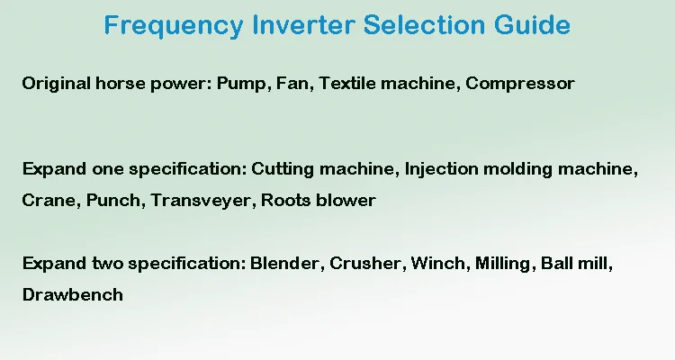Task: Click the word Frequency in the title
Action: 174,26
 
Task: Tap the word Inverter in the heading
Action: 303,24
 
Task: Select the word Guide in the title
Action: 532,24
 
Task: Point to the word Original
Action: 57,84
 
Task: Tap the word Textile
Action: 347,83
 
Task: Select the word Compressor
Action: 520,84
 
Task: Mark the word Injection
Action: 442,169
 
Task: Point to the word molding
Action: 517,169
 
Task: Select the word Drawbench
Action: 73,295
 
